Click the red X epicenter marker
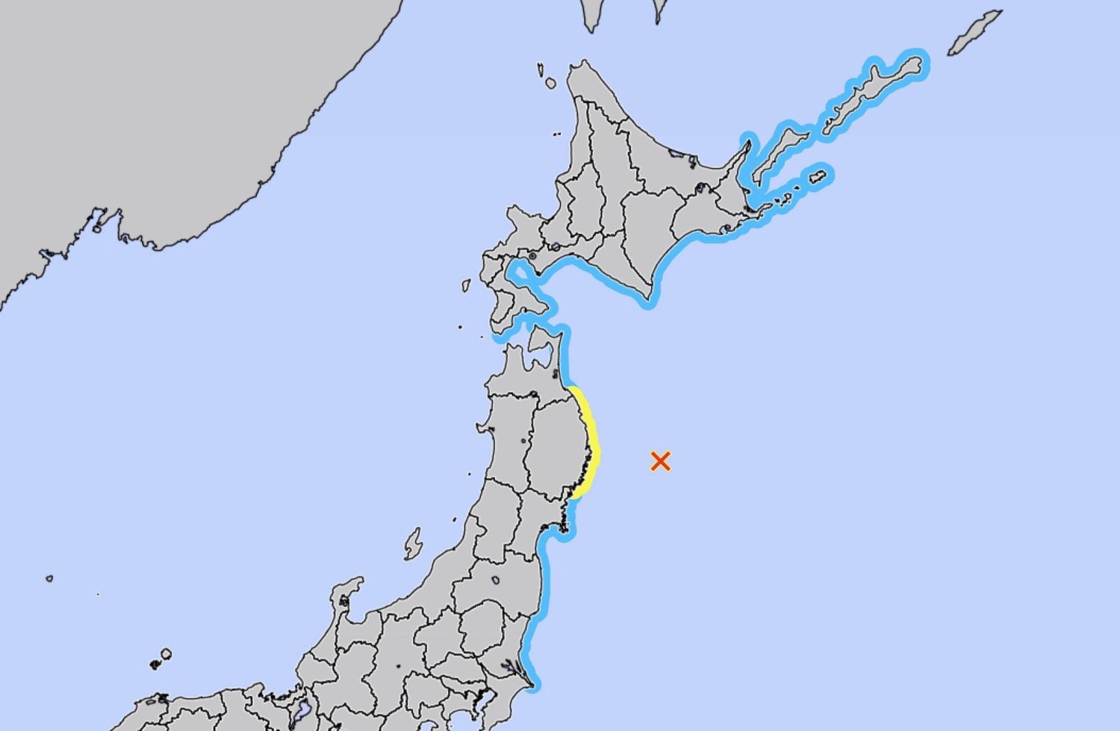[660, 461]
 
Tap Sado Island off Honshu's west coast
[413, 544]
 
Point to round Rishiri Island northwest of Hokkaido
[550, 83]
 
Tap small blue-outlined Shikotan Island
[818, 177]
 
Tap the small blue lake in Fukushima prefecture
[494, 580]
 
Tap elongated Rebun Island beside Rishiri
[539, 70]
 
